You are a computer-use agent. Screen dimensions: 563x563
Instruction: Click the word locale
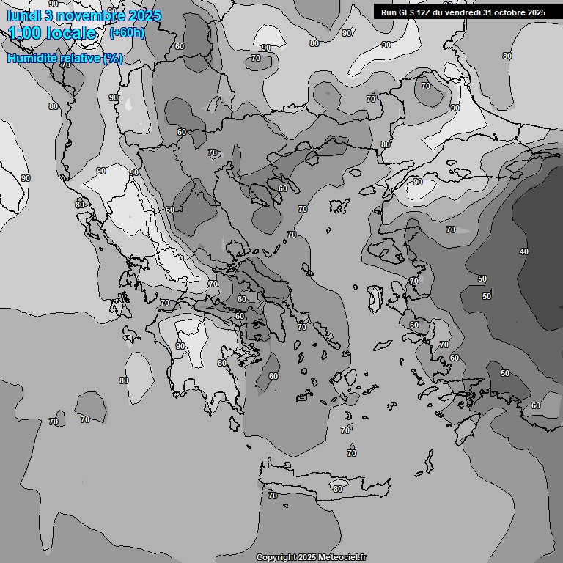73,33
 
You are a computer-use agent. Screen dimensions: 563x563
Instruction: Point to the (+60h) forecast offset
126,32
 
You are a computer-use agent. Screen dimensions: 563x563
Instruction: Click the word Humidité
32,58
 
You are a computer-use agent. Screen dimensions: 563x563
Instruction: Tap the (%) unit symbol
112,58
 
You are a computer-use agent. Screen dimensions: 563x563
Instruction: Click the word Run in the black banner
388,12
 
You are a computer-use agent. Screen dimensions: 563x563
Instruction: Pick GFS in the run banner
405,12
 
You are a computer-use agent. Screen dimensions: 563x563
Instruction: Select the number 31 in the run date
489,12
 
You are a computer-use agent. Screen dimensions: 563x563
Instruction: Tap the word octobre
512,12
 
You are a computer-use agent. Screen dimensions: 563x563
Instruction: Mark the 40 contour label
523,251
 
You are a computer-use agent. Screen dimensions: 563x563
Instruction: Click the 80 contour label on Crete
337,489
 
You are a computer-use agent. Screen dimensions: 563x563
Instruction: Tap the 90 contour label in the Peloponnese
180,346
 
